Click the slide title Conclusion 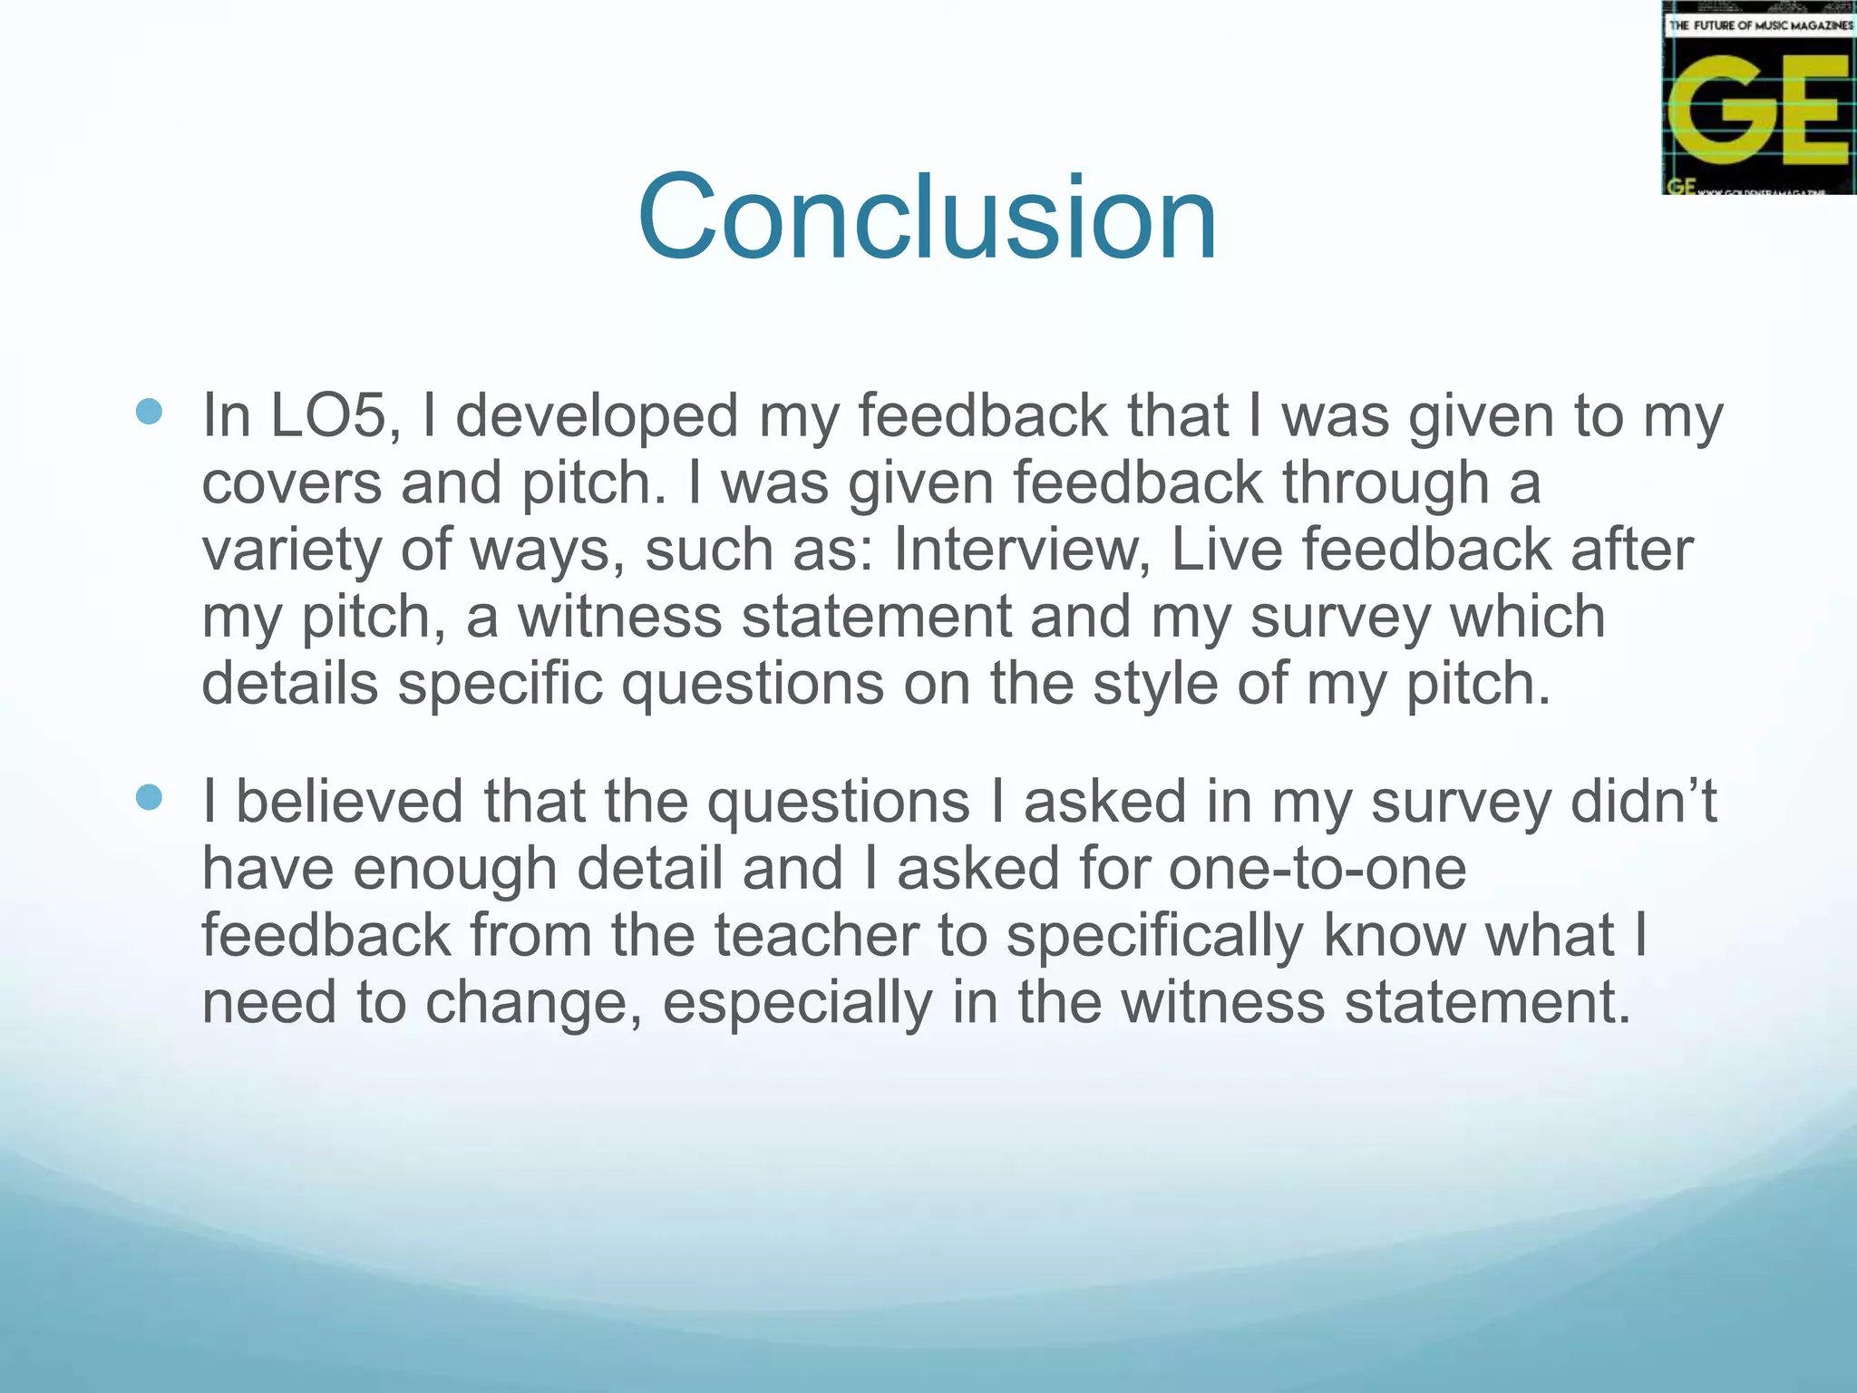(x=927, y=218)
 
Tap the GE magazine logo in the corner (x=1758, y=99)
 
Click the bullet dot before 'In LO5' (x=149, y=413)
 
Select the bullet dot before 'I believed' (x=149, y=798)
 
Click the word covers (x=291, y=482)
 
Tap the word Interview (x=1022, y=550)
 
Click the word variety (x=291, y=551)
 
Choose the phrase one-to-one (x=1317, y=868)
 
